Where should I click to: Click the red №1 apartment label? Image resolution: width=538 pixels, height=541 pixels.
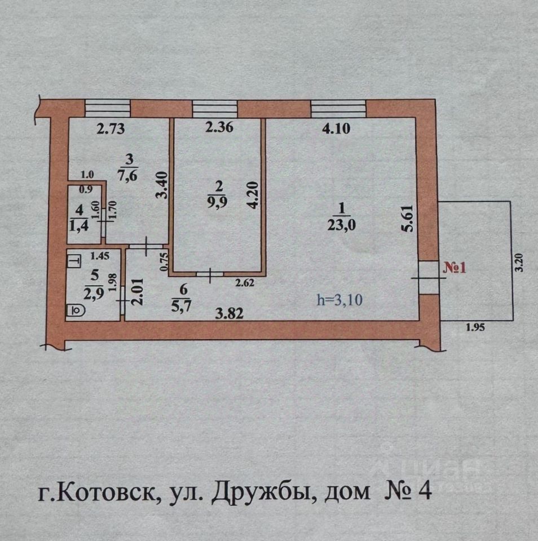(455, 268)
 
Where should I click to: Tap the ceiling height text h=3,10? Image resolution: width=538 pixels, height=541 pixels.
(340, 300)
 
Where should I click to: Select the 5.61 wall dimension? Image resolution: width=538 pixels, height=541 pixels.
(408, 219)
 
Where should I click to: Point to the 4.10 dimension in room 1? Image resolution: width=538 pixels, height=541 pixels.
(336, 128)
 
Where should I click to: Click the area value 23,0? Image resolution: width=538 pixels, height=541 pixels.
(342, 225)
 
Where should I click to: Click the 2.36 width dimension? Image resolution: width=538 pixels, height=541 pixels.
(219, 127)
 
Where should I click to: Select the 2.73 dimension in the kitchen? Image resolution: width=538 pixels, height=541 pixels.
(111, 128)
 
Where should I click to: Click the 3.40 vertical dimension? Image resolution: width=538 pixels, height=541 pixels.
(162, 185)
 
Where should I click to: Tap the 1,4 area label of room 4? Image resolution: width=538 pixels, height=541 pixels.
(79, 225)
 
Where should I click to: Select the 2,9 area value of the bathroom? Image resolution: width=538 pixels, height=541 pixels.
(94, 294)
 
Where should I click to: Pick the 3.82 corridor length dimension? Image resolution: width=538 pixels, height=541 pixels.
(230, 314)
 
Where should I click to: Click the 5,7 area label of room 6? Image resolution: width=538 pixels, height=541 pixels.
(181, 305)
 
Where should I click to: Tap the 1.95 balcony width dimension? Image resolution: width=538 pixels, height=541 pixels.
(475, 327)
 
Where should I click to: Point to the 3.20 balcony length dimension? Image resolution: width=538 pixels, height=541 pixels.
(519, 263)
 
